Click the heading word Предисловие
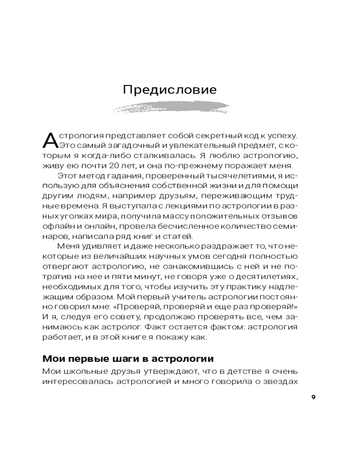[170, 90]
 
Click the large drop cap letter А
[49, 140]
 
